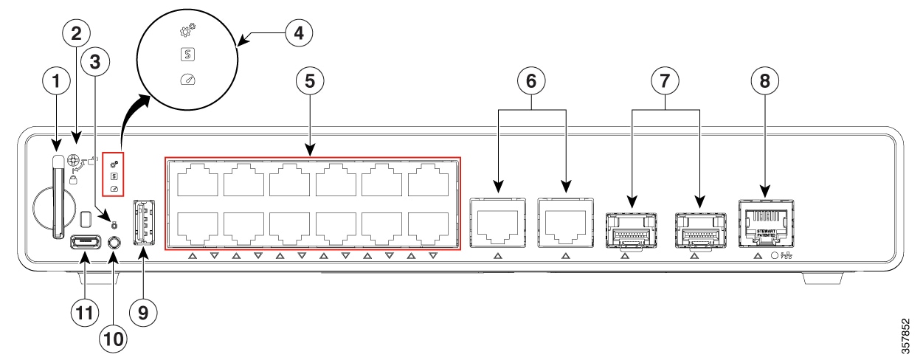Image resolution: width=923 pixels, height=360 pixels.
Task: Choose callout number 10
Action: click(x=114, y=339)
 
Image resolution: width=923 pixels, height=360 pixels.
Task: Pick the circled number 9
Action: click(x=143, y=312)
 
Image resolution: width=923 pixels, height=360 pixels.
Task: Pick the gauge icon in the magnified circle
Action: click(x=187, y=78)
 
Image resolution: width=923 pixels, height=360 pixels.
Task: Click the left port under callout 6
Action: click(x=497, y=223)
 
